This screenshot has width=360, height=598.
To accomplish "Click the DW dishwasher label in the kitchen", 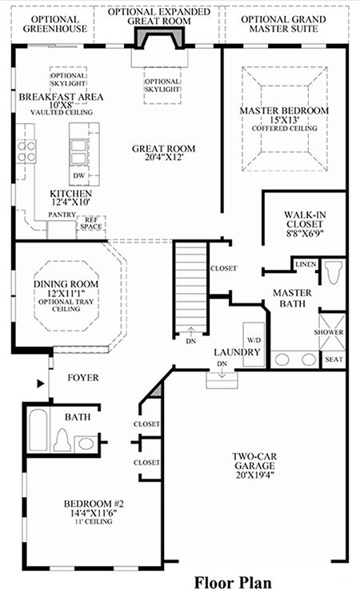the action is point(80,176).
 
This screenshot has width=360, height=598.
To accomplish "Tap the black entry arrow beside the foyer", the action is point(41,383).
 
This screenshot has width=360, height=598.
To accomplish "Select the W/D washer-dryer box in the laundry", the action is point(254,344).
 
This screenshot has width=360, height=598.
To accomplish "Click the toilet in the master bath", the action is point(333,272).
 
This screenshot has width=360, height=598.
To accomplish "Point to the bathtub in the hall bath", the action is point(38,431).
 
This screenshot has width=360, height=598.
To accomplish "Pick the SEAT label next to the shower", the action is point(334,359).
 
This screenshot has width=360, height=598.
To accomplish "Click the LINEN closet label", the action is point(306,264).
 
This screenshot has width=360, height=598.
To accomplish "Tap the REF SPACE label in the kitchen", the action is point(91,223).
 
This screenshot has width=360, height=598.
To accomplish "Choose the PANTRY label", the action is point(62,215).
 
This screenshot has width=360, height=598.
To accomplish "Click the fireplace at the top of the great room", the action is point(159,39).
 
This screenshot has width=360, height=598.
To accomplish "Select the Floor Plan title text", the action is point(233,583).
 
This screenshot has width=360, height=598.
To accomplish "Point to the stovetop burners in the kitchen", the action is point(26,151).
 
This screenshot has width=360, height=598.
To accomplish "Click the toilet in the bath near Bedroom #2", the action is point(62,439).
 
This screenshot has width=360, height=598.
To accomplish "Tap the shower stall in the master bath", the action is point(332,331).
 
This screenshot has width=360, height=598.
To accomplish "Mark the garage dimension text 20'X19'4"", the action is point(255,475).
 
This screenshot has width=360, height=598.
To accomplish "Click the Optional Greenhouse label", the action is point(55,24).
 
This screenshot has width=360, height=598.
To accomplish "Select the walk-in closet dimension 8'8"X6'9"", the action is point(305,234).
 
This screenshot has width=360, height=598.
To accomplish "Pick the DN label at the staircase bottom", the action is point(191,341).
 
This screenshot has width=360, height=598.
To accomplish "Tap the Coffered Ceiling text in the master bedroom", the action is point(284,129).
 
